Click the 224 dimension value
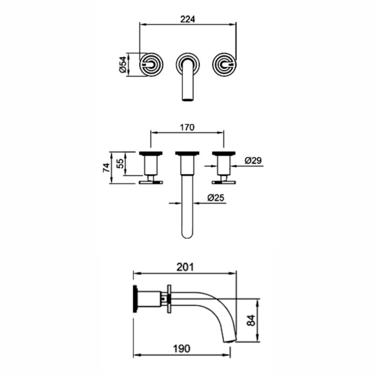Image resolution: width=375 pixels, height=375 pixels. coord(187,19)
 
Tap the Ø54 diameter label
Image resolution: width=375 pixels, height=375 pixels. coord(122,64)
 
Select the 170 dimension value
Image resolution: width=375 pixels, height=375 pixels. coord(187,127)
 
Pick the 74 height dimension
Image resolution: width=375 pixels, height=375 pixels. coord(105,167)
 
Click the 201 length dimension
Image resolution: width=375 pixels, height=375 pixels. coord(185,267)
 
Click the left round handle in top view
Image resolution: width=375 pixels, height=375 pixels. coord(151,64)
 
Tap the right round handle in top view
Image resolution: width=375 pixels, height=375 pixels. coord(224,64)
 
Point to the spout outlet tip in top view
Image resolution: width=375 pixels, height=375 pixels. coord(187,97)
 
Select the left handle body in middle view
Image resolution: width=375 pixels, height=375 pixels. coord(151,165)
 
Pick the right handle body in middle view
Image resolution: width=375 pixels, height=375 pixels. coord(223,165)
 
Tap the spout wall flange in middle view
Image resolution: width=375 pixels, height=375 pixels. coord(187,153)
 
